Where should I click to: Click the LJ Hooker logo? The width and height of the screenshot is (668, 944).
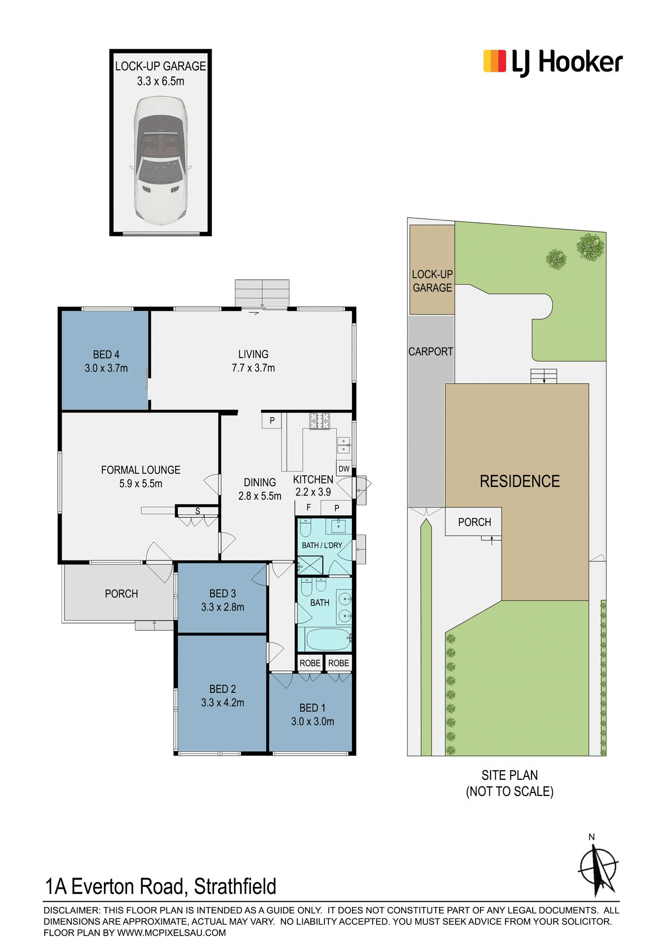(553, 63)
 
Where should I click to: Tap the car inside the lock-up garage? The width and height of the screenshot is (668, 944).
(160, 160)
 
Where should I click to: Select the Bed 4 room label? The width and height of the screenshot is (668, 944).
(106, 354)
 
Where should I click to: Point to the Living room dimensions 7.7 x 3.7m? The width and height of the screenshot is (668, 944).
(254, 368)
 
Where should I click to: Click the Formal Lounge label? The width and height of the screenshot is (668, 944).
(141, 470)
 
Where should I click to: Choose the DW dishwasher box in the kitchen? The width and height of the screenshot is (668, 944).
(344, 469)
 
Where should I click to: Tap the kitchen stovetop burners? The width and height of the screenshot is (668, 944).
(319, 421)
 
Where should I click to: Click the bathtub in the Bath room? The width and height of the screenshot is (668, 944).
(328, 639)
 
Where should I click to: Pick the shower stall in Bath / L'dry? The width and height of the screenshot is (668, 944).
(310, 565)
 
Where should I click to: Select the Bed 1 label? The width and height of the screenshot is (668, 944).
(312, 708)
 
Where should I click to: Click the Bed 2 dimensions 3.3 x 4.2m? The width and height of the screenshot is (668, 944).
(223, 703)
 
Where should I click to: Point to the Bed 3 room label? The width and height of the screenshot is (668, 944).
(223, 593)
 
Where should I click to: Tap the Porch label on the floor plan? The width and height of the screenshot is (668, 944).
(121, 594)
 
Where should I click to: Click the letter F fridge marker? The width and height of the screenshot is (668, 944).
(309, 507)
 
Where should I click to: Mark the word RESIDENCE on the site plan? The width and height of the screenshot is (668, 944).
(520, 481)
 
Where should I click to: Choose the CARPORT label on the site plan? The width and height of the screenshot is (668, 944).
(431, 352)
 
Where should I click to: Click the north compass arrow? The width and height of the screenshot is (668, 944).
(598, 869)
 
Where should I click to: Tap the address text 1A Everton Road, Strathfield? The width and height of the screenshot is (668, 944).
(160, 886)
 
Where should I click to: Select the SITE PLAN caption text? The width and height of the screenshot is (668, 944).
(509, 775)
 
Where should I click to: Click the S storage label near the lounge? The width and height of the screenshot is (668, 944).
(197, 511)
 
